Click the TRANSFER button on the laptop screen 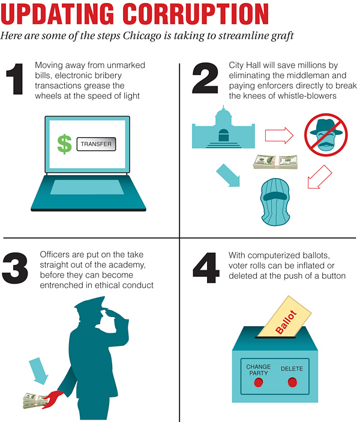[96, 144]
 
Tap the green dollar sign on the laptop [64, 144]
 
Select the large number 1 [16, 79]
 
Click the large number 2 [205, 78]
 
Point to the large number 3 [15, 268]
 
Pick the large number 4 [206, 268]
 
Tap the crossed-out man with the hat [326, 134]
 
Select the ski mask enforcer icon [275, 202]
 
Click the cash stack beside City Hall [275, 162]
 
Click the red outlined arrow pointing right [279, 135]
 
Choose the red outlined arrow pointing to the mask [320, 177]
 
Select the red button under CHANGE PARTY [259, 382]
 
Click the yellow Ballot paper [285, 316]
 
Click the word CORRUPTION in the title [196, 14]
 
